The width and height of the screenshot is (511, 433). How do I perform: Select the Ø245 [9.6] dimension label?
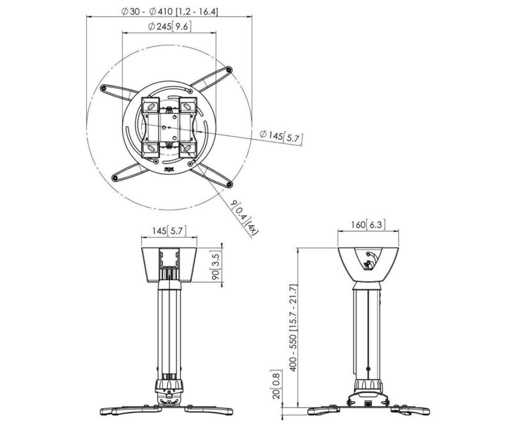169,27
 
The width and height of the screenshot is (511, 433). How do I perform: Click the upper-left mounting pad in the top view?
149,105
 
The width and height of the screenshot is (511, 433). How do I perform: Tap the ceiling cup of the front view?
169,261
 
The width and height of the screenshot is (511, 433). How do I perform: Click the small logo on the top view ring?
169,170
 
